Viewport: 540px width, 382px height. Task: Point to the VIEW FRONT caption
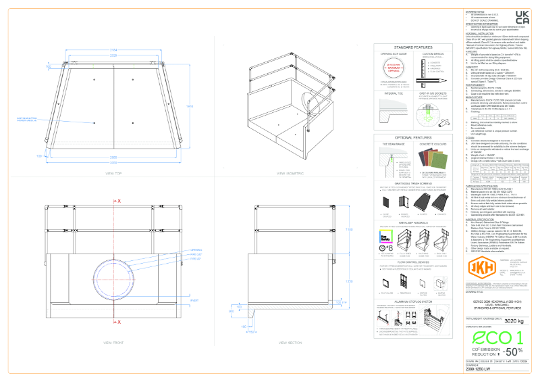point(113,343)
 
